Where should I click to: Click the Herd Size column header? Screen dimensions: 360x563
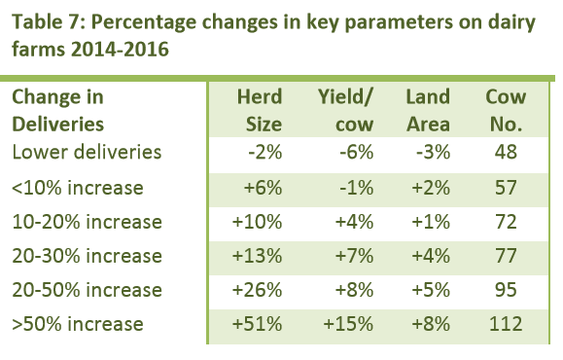[x=260, y=111]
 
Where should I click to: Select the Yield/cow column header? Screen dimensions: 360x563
[x=347, y=111]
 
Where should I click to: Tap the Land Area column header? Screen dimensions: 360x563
[x=427, y=111]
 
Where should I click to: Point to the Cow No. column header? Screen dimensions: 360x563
[x=504, y=111]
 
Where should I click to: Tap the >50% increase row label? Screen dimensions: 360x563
[x=77, y=323]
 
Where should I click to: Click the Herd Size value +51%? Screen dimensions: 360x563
[x=260, y=323]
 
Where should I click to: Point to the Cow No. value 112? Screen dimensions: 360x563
[x=504, y=323]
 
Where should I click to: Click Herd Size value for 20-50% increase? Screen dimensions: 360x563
[x=260, y=290]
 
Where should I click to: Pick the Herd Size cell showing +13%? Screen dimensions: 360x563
[x=260, y=256]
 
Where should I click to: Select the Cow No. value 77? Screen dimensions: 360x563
[x=504, y=256]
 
